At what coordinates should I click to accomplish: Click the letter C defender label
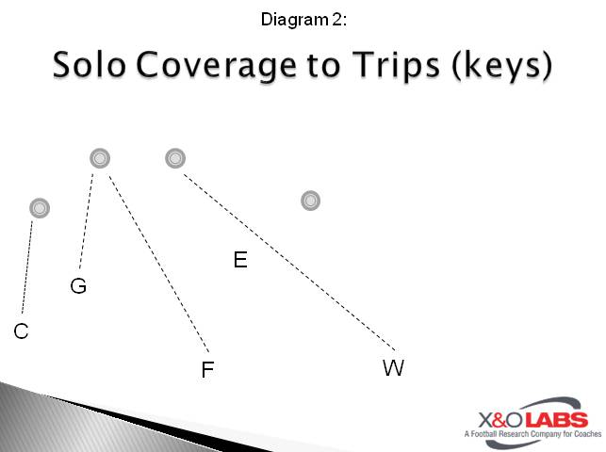click(21, 331)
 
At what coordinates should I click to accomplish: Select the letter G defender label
click(78, 286)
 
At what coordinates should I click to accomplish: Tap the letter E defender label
click(240, 260)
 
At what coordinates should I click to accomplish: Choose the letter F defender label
click(207, 370)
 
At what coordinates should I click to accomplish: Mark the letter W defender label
click(393, 368)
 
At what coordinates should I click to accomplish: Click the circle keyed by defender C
click(39, 207)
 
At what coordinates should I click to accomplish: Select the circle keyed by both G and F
click(100, 158)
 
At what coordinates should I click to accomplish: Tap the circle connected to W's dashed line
click(174, 158)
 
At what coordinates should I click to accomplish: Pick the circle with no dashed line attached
click(310, 201)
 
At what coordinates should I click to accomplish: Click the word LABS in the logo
click(556, 420)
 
